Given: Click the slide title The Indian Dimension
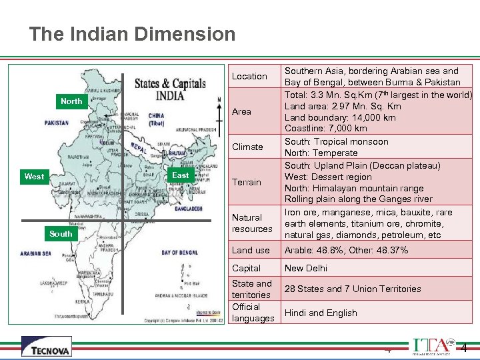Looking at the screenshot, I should pos(132,34).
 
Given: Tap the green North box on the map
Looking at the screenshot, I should pos(71,101).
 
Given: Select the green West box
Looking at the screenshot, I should pos(34,177).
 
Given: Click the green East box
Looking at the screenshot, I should pos(180,175).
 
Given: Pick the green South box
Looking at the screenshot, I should pos(61,234).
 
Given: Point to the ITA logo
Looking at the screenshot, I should pos(429,346).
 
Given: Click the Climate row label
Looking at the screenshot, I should pos(247,147).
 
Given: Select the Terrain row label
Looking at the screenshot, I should pos(247,182).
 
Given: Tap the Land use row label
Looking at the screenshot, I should pos(251,250).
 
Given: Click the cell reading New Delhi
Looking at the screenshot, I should pos(306,268).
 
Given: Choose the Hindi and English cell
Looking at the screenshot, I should pos(321,313).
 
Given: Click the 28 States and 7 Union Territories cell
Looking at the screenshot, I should pos(353,289).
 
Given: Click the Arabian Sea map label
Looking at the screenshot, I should pos(36,253).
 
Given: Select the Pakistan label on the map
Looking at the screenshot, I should pos(57,123).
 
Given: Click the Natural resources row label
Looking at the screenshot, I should pos(252,223).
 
